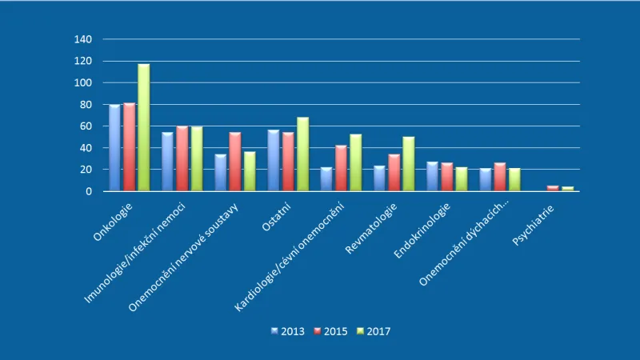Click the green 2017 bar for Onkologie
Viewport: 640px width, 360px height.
click(143, 128)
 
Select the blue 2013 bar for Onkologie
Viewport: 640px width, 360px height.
click(115, 148)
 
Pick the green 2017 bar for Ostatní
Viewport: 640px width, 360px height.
click(302, 154)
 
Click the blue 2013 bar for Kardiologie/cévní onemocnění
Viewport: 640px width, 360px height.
click(326, 179)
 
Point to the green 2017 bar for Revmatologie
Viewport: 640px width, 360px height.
click(408, 164)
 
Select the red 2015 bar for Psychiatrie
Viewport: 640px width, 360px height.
click(553, 189)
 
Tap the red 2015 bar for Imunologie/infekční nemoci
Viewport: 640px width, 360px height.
click(182, 159)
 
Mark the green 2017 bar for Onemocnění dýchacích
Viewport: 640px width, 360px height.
click(514, 180)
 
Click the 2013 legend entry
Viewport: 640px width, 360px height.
click(288, 331)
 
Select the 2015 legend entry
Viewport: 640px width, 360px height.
click(330, 331)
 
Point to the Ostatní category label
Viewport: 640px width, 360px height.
click(278, 218)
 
